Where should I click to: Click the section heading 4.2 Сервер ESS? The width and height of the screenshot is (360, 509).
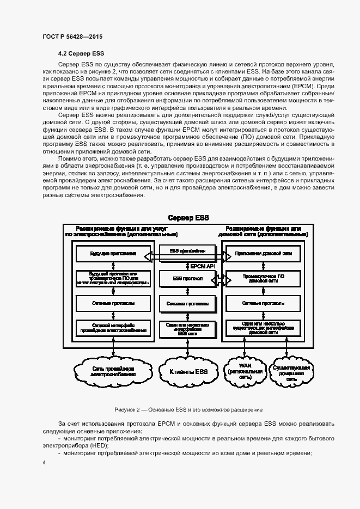[81, 54]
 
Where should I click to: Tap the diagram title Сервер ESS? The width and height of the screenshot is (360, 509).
[187, 218]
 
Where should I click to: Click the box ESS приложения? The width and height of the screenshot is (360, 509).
[187, 251]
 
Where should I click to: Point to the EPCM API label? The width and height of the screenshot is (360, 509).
[203, 266]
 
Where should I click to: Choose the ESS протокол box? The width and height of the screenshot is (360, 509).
[187, 279]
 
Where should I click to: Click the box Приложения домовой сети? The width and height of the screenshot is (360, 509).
[264, 254]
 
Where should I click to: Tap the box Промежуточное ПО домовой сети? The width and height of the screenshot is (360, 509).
[264, 279]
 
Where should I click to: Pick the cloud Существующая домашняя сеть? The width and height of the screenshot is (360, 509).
[291, 372]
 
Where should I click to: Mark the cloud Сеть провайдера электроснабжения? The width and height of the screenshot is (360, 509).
[113, 372]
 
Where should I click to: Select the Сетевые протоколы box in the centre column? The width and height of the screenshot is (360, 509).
[187, 303]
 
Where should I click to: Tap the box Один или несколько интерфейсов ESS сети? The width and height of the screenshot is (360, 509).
[187, 328]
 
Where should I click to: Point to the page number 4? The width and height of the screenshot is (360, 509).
[44, 463]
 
